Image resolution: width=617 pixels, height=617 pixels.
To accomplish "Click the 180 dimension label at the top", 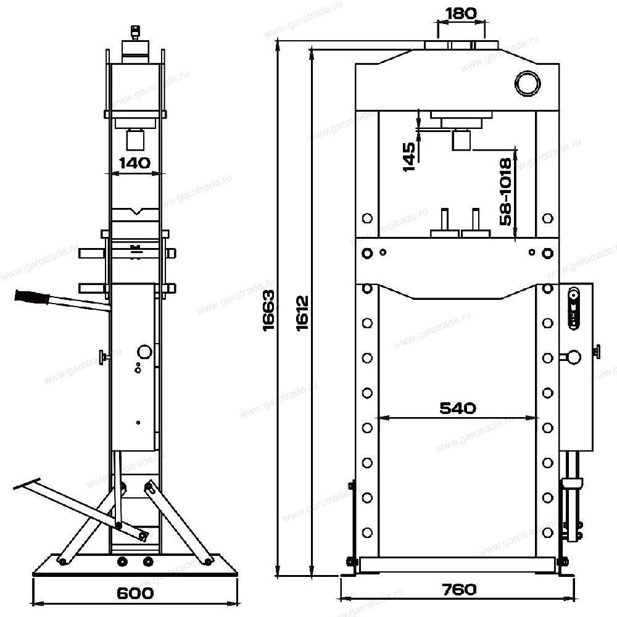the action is [x=460, y=14].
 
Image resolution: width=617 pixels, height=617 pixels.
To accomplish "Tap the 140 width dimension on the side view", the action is [x=135, y=162].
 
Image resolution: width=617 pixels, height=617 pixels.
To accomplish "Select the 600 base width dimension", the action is [x=135, y=593].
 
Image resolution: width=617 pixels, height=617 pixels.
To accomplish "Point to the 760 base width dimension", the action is [x=459, y=589].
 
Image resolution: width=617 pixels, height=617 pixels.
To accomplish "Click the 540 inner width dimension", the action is [x=458, y=408].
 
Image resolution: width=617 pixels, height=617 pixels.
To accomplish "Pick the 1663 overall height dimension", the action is [x=268, y=311].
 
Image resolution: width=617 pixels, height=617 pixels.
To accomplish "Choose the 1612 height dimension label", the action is [x=302, y=313].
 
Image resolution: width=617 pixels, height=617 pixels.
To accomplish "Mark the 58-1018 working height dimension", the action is [x=505, y=192].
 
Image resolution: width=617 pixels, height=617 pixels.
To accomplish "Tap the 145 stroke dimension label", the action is [x=409, y=157].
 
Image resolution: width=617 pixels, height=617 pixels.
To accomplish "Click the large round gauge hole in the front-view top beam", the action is [x=528, y=83].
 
